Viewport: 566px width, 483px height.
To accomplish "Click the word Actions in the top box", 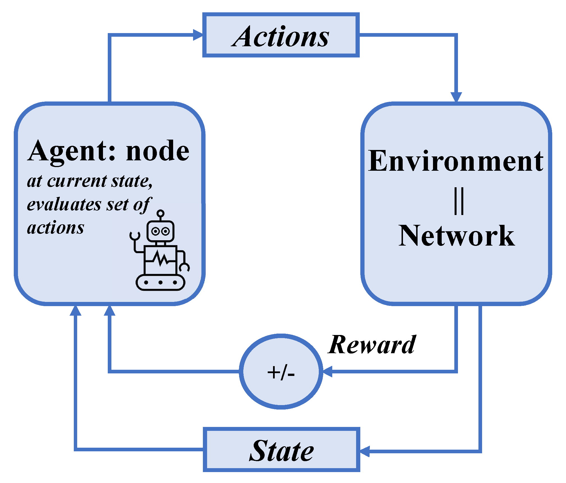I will coord(281,36).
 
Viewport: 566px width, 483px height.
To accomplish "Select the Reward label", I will coord(372,345).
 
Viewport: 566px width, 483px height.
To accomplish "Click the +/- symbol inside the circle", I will coord(281,373).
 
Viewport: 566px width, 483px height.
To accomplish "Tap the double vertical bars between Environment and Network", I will coord(459,201).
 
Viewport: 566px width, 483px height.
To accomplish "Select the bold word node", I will coord(158,151).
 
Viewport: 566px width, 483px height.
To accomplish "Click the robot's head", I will coord(161,231).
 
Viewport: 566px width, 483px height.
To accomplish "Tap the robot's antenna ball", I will coord(161,213).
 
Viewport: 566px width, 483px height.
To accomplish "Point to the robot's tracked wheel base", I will coord(161,282).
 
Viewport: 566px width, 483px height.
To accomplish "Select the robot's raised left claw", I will coord(135,236).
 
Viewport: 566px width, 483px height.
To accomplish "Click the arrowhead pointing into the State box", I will coord(365,451).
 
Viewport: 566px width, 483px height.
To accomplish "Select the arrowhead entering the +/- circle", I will coord(327,371).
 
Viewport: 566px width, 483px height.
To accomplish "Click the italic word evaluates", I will coord(64,204).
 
